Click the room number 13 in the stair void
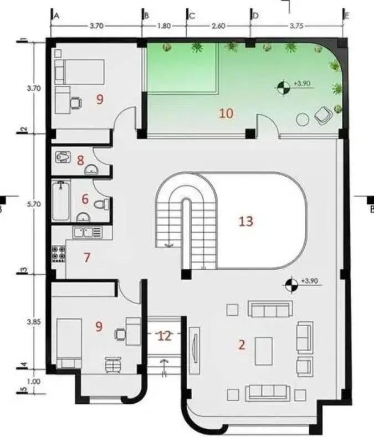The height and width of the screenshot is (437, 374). tap(246, 222)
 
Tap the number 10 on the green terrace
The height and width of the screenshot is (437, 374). tap(226, 114)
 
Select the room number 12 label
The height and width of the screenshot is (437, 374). tap(164, 336)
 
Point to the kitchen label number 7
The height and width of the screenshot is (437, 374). tap(87, 257)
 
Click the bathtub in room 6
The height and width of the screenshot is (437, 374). tap(60, 200)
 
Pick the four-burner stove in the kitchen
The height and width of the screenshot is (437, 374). tap(59, 254)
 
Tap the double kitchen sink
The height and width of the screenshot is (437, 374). tap(88, 232)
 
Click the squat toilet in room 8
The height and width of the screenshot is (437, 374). tap(63, 157)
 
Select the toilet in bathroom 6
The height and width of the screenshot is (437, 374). tap(102, 204)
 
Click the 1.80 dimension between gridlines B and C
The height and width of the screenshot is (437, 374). tap(163, 26)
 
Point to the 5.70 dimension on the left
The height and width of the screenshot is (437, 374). tap(34, 204)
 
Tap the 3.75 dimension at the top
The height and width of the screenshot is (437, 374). tap(296, 25)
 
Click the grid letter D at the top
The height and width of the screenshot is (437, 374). tap(255, 16)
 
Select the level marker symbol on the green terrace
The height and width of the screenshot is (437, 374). tap(284, 88)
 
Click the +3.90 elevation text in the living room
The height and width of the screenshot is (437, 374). tap(309, 281)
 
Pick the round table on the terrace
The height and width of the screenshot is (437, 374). tap(303, 120)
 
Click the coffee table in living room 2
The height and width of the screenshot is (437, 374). tap(264, 351)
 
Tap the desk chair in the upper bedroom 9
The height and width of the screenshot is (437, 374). tap(76, 103)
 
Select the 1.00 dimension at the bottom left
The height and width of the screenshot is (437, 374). tap(34, 381)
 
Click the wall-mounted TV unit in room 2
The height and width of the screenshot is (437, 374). tap(194, 351)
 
